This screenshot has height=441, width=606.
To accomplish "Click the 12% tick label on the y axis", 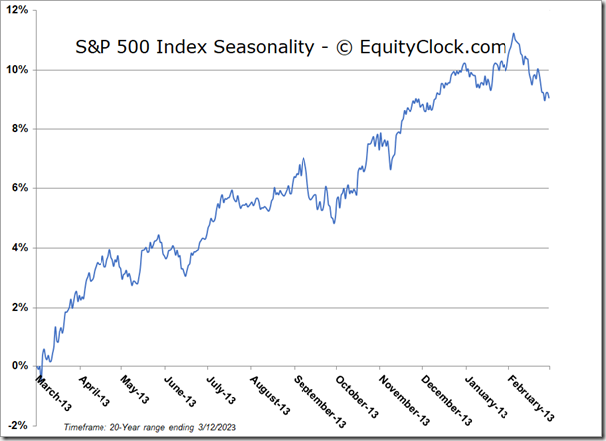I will [x=17, y=10].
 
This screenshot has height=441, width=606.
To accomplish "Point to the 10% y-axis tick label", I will [x=17, y=70].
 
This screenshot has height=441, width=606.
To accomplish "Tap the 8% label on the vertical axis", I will [x=20, y=128].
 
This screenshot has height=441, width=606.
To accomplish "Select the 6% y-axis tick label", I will [x=20, y=188].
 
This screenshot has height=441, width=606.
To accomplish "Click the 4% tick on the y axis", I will [x=20, y=247].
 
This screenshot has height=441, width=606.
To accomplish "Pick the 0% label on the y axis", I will [x=20, y=366].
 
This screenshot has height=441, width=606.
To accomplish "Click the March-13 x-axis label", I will [x=52, y=390].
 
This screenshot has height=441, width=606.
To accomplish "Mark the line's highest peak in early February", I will [x=513, y=34].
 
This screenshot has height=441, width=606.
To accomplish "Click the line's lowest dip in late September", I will [x=335, y=222].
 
